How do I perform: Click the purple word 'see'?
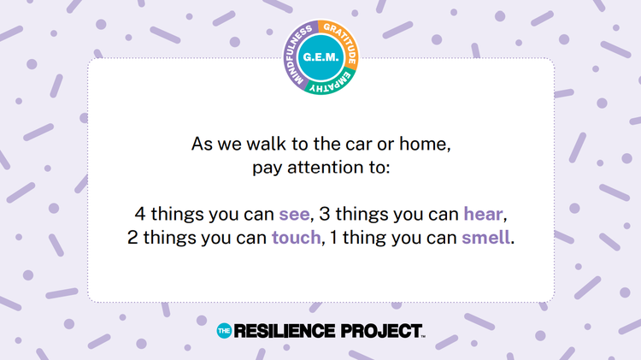(x=294, y=215)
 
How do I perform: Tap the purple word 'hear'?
(x=483, y=214)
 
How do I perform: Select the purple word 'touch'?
(x=297, y=237)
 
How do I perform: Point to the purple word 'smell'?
(x=485, y=237)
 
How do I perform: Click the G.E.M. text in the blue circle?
(x=320, y=57)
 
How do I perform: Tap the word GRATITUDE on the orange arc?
(x=343, y=42)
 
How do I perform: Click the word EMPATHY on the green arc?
(x=330, y=82)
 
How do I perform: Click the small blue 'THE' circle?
(x=224, y=331)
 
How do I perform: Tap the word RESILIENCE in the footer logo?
(x=284, y=331)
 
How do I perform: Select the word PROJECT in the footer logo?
(x=381, y=331)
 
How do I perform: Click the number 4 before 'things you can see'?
(x=140, y=214)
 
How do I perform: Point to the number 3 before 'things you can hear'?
(x=325, y=214)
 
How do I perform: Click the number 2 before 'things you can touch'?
(x=132, y=237)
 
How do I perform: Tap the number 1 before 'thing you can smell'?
(x=333, y=237)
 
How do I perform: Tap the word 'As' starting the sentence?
(x=202, y=144)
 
